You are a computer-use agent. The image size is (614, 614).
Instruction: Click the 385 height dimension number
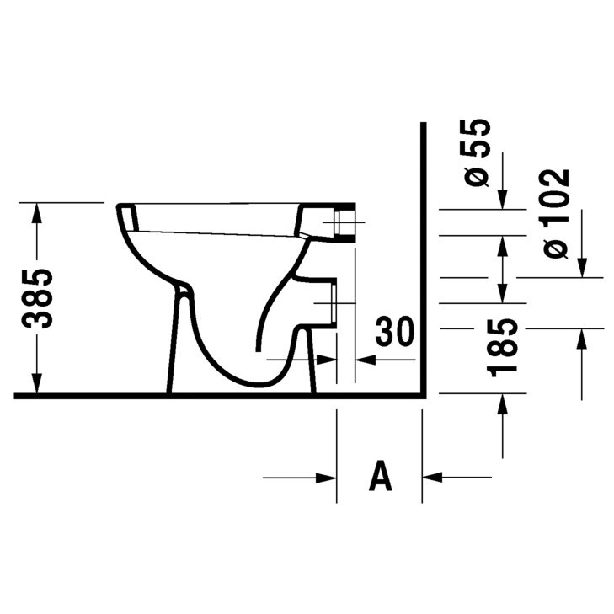click(x=37, y=298)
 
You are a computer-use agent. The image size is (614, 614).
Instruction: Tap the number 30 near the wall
click(x=395, y=333)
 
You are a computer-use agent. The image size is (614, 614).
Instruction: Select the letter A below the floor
click(x=381, y=477)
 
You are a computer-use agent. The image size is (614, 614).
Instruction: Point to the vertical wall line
click(x=423, y=253)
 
